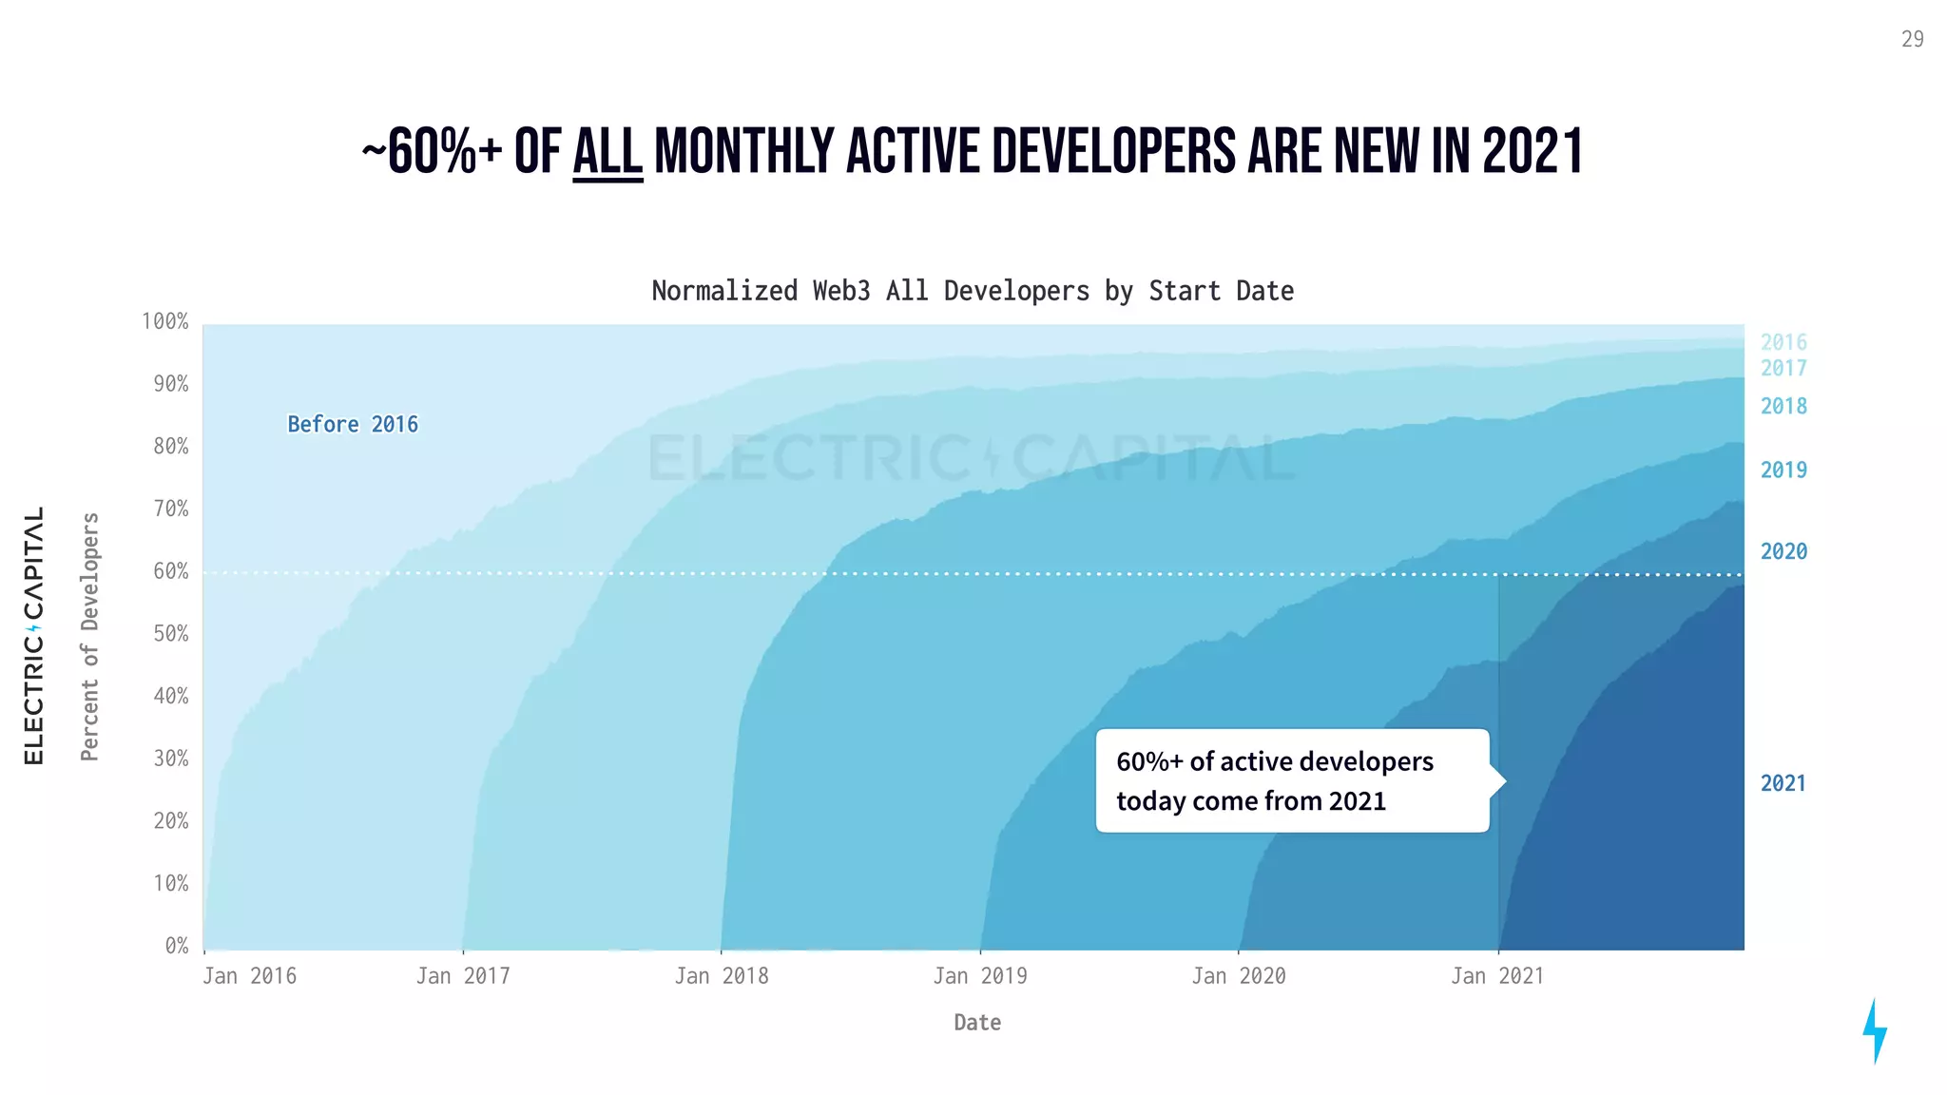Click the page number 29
1912,39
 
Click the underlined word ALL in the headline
607,152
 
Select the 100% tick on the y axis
165,321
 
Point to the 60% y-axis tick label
171,571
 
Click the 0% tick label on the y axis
177,946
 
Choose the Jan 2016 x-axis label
250,976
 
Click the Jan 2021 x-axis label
1497,976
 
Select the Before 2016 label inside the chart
353,424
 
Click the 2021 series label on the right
1783,783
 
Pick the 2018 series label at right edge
1783,406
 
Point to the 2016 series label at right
1783,342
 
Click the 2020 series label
1783,551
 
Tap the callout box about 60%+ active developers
1291,780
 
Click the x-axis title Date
977,1023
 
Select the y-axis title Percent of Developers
89,637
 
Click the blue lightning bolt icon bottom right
1874,1030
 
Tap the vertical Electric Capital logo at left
33,635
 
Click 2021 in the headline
1533,152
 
